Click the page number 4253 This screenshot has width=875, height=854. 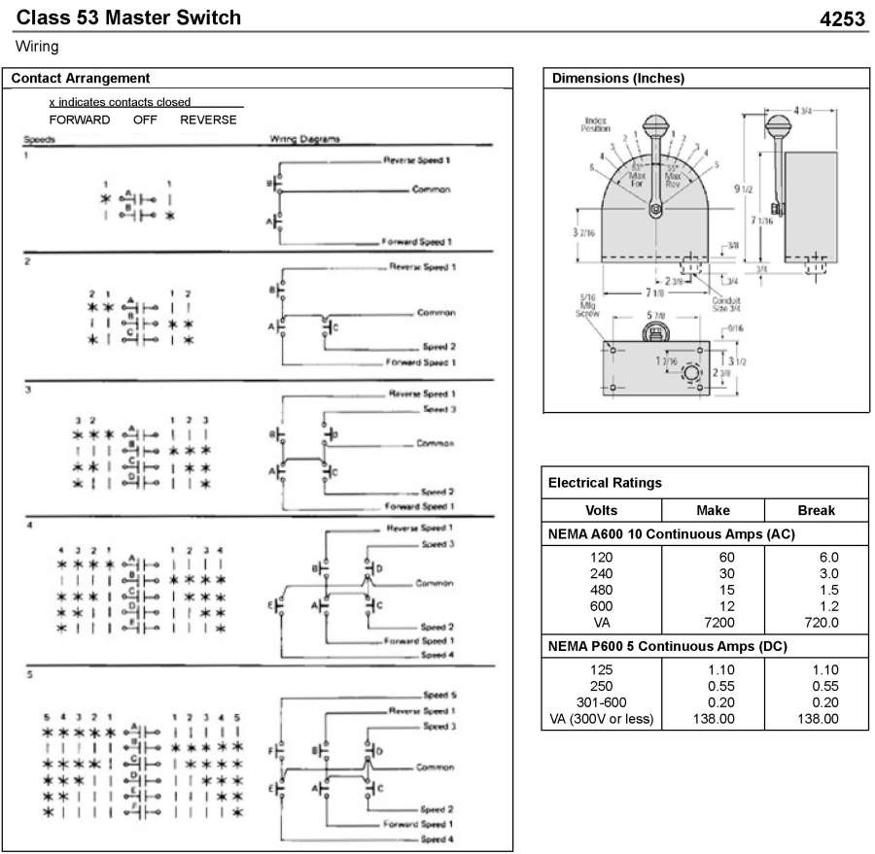(x=842, y=18)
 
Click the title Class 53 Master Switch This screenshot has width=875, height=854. (x=129, y=17)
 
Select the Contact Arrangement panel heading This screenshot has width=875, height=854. (x=79, y=79)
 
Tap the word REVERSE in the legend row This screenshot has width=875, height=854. (x=208, y=120)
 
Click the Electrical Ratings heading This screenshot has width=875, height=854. (x=605, y=482)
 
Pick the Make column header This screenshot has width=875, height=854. (x=714, y=510)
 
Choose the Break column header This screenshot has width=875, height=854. (x=816, y=510)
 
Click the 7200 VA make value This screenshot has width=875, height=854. (x=715, y=622)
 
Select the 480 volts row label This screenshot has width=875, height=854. (x=602, y=590)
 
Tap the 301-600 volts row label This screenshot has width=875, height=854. (x=602, y=702)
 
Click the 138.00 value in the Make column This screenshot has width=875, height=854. (x=715, y=719)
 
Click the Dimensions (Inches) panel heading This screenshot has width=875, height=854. (x=618, y=79)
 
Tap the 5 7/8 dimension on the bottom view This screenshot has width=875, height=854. (x=656, y=316)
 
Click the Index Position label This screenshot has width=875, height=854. (x=596, y=124)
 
